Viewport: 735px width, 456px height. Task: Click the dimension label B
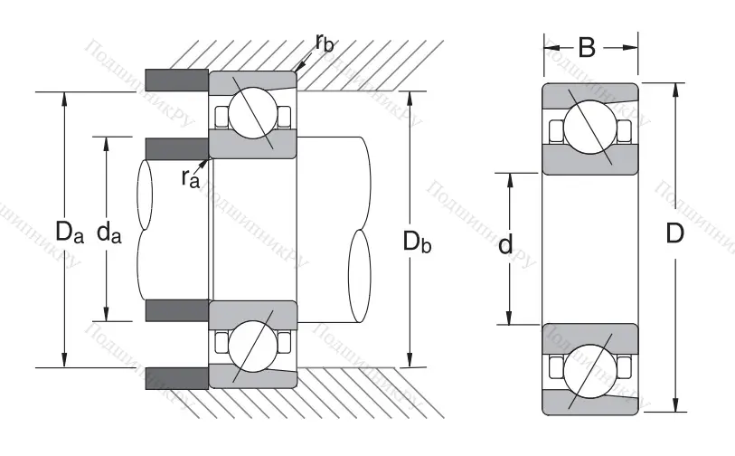[587, 46]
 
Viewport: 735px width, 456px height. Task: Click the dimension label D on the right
[674, 234]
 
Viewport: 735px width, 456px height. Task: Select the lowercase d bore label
[507, 244]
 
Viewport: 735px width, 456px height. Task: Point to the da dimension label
[109, 233]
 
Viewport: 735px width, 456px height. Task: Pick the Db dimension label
[417, 242]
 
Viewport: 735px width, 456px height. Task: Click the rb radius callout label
[326, 42]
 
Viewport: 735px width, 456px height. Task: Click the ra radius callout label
[190, 177]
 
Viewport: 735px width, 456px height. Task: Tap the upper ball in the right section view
[590, 127]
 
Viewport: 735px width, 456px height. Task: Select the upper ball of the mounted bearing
[252, 115]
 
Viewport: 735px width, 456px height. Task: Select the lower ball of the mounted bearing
[252, 346]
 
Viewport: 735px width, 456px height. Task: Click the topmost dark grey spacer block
[177, 81]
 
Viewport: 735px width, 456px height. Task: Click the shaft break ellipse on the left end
[145, 195]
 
